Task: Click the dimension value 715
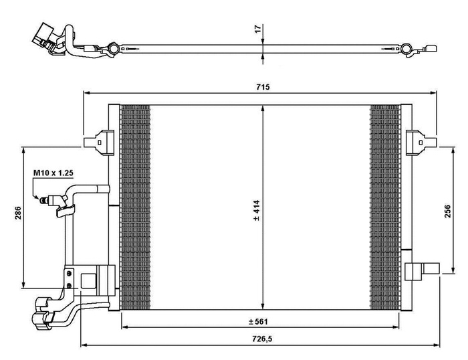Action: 259,88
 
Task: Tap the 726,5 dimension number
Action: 260,339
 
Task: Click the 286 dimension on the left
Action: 19,212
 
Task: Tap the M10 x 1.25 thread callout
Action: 53,173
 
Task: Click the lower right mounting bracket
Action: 420,270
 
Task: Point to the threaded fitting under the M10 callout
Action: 48,199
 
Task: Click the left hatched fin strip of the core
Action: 134,207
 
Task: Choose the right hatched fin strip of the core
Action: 385,207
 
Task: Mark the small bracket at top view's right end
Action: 432,49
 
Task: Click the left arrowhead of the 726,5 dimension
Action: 83,345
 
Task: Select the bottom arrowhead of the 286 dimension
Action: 25,282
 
